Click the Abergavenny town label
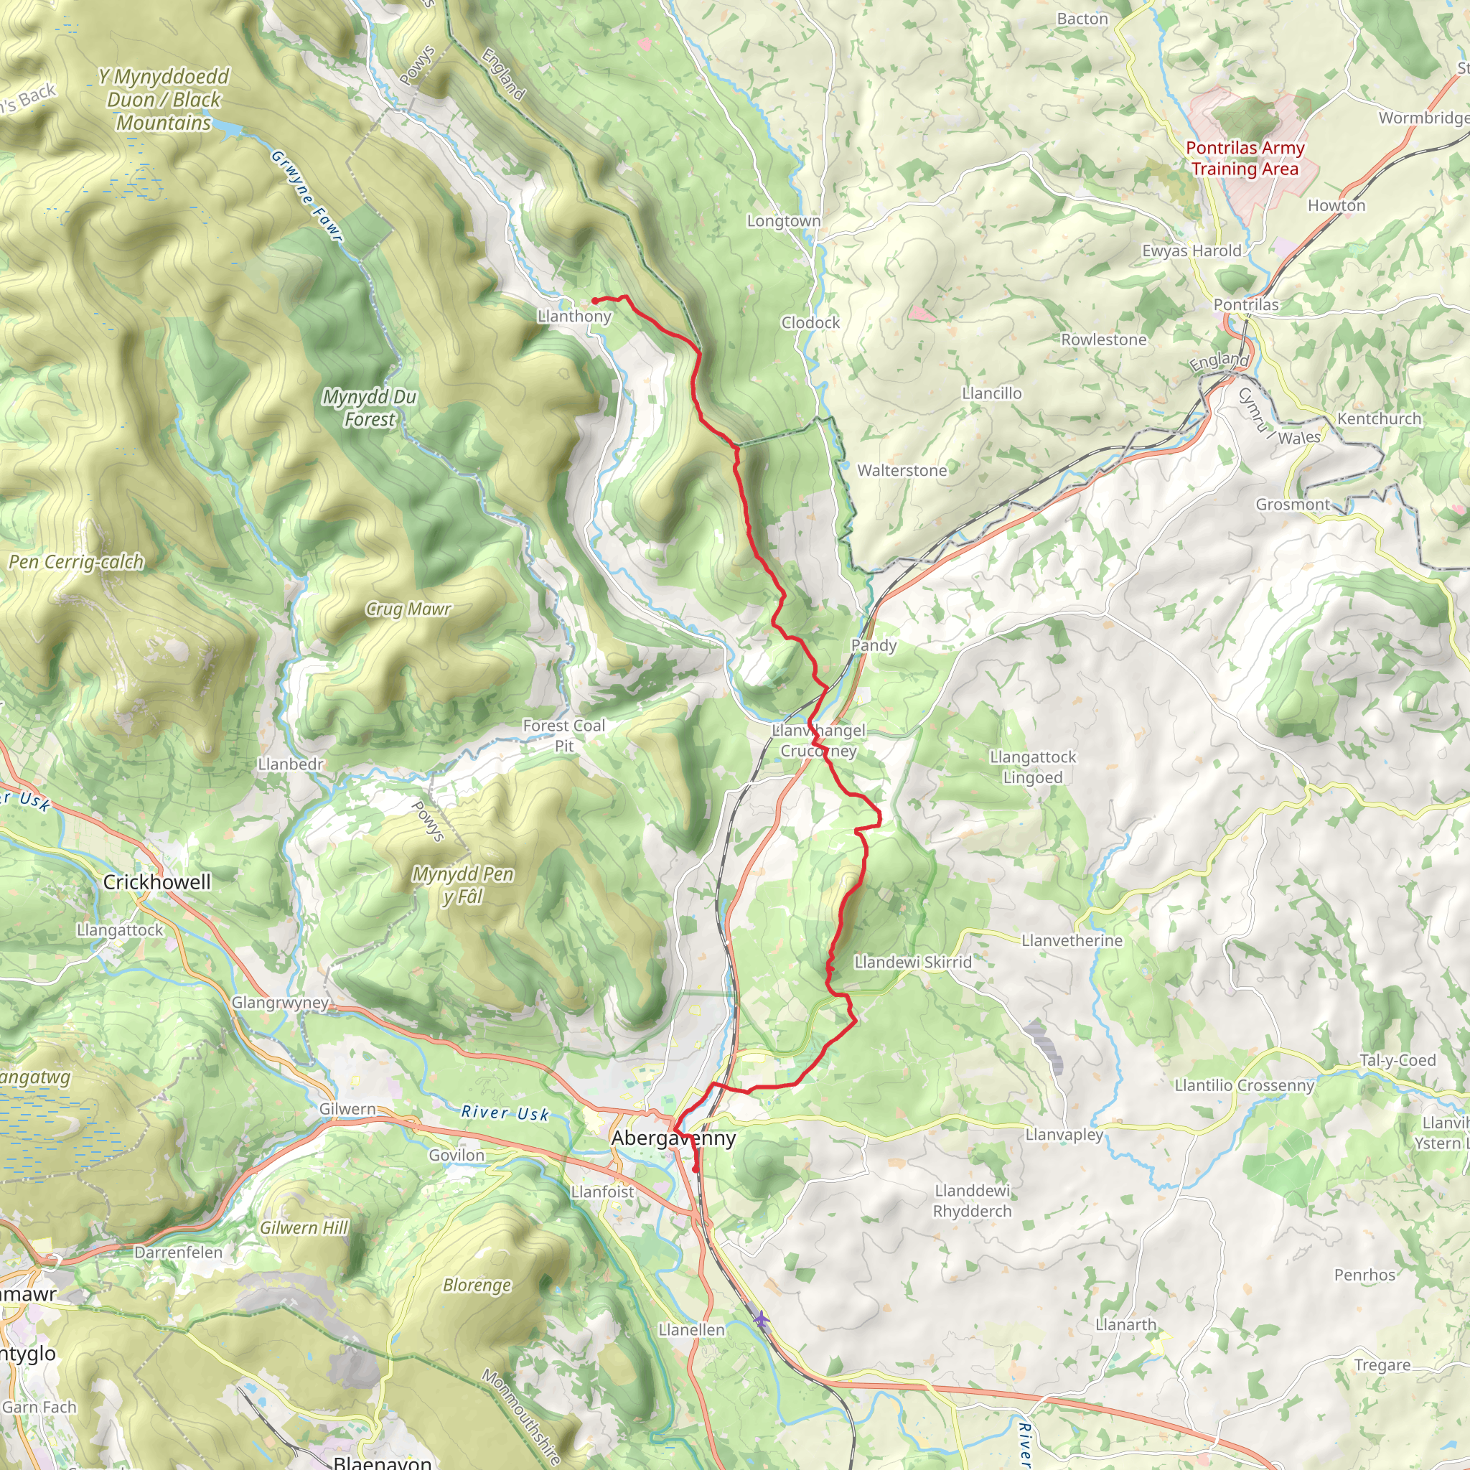(673, 1138)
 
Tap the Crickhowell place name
(156, 882)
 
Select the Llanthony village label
(574, 317)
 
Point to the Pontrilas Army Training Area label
(1245, 158)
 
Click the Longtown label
(784, 220)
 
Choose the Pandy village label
(874, 645)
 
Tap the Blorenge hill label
(477, 1285)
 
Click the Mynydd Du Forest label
(370, 408)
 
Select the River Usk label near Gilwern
(505, 1113)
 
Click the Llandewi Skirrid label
(913, 962)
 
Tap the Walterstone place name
(902, 470)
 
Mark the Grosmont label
(1293, 505)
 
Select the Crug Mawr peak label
(408, 609)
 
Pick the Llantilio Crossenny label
(1245, 1085)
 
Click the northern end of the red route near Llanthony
(594, 301)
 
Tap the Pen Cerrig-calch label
(76, 562)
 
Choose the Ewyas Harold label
(1192, 251)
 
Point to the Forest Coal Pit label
(563, 736)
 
